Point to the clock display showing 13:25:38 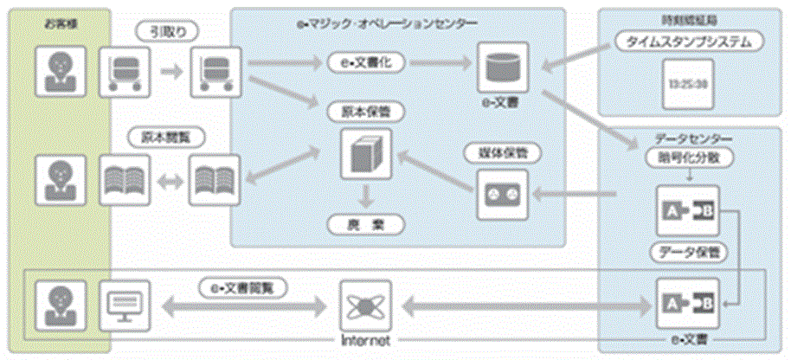point(689,85)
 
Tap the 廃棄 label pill point(366,223)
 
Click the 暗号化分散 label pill point(684,159)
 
